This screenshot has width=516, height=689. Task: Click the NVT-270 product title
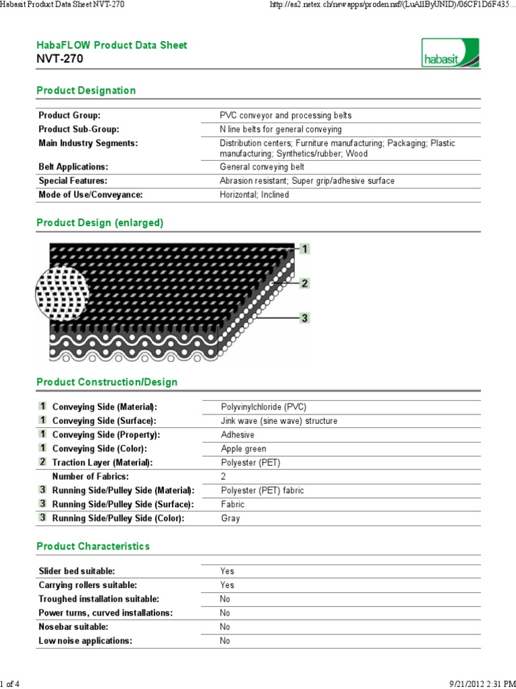(60, 59)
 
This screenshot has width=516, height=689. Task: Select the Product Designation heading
(86, 90)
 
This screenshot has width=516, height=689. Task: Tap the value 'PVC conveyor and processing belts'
(286, 115)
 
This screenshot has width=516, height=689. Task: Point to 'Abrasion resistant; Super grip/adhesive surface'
(307, 180)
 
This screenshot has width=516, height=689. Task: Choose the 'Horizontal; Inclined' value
(254, 194)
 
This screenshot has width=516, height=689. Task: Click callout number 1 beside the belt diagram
(304, 250)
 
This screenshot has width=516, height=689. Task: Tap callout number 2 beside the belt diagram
(304, 283)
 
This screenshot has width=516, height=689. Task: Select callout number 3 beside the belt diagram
(304, 318)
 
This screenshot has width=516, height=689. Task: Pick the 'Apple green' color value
(243, 449)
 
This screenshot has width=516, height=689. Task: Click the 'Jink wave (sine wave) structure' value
(279, 421)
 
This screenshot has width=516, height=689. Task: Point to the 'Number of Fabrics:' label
(89, 476)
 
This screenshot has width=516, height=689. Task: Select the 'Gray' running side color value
(230, 518)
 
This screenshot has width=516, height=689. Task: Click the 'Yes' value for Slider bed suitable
(227, 571)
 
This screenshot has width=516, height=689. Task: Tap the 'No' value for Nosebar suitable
(225, 626)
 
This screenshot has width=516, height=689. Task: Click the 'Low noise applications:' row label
(85, 641)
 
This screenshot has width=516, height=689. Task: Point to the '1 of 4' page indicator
(10, 684)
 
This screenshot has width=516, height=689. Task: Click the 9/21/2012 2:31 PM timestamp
(478, 684)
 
